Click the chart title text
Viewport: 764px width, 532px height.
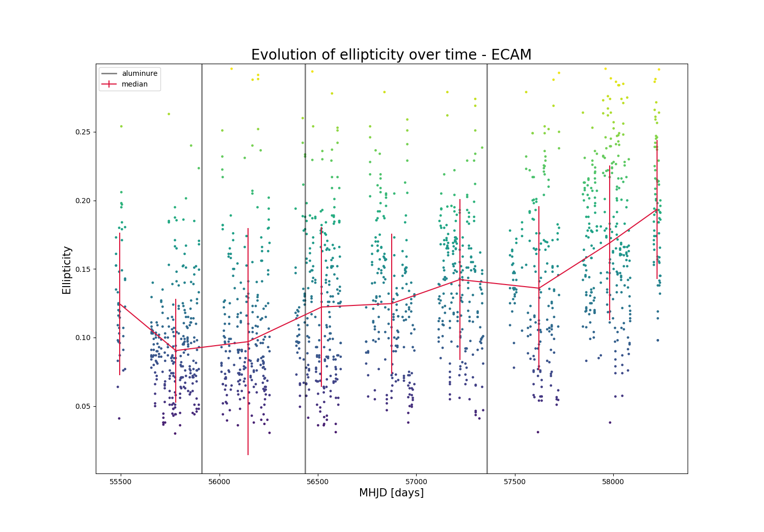click(x=391, y=55)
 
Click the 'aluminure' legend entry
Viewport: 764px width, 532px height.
click(x=139, y=73)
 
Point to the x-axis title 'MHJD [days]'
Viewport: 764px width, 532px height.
click(x=391, y=493)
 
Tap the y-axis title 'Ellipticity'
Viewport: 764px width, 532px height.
click(x=67, y=270)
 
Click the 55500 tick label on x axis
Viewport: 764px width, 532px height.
click(x=120, y=481)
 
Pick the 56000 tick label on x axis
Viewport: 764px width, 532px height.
click(x=219, y=481)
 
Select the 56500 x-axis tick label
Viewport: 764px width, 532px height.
click(x=317, y=481)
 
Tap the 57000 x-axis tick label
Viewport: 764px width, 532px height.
click(x=416, y=481)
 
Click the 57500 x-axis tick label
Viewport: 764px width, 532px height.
click(x=514, y=481)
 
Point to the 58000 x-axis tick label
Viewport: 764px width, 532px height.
click(x=613, y=481)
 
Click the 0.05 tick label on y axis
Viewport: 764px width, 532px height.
click(x=84, y=406)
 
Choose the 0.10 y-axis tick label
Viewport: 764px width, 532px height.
click(x=84, y=338)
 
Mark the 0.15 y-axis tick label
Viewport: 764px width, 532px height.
click(x=84, y=269)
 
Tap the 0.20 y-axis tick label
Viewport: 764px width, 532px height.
click(x=84, y=201)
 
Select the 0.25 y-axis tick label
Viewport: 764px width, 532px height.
click(x=84, y=132)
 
